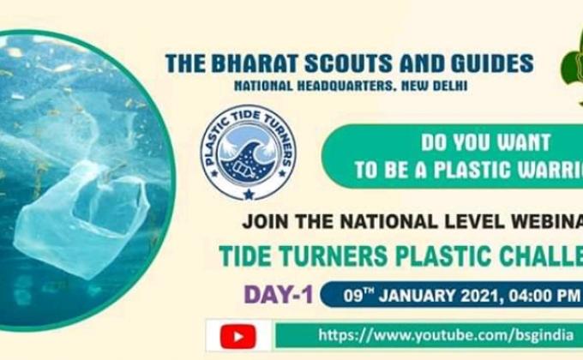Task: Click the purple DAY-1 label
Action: pos(279,294)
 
